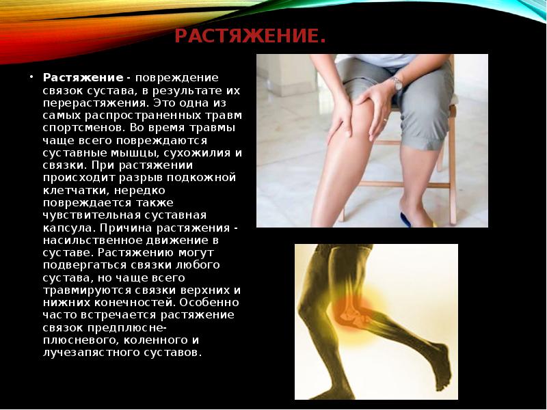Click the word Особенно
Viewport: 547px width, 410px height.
210,303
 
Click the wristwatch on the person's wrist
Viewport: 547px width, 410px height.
397,83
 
